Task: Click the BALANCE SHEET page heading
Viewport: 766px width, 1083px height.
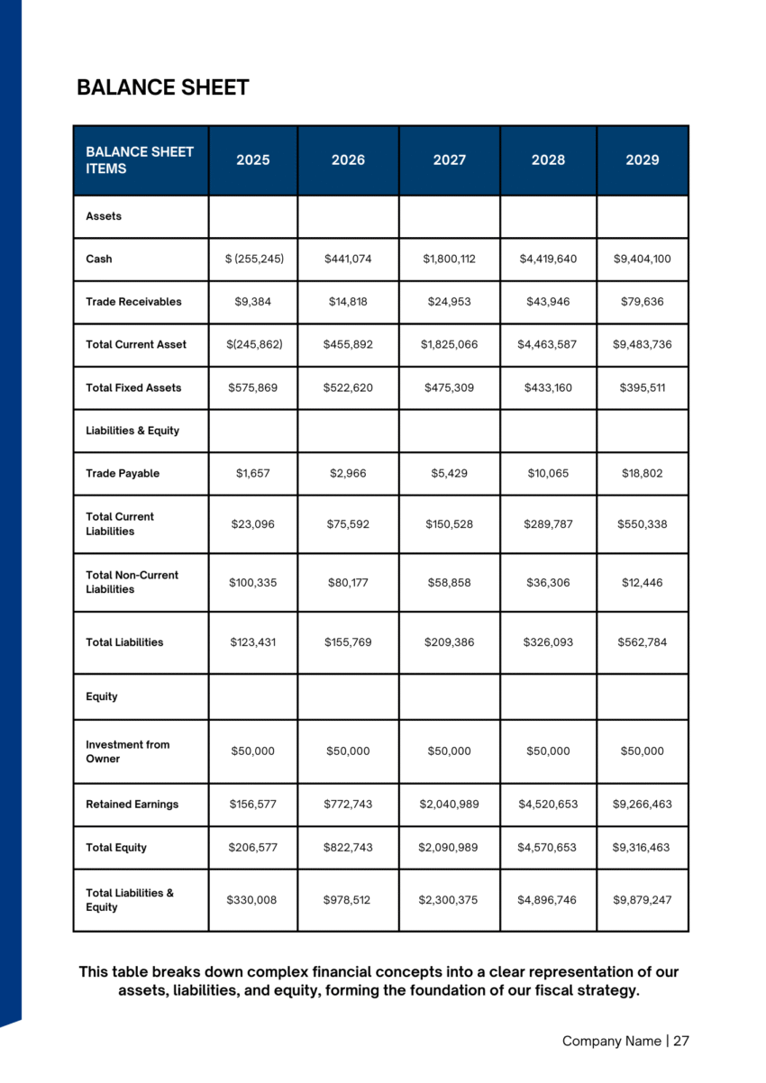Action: pyautogui.click(x=162, y=87)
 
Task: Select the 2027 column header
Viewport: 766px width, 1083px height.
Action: pyautogui.click(x=450, y=159)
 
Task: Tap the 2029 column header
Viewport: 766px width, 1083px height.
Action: pyautogui.click(x=643, y=159)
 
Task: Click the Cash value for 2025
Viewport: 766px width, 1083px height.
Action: pyautogui.click(x=253, y=259)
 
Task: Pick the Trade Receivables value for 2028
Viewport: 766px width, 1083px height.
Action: pyautogui.click(x=548, y=302)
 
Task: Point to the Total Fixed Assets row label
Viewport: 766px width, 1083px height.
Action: pyautogui.click(x=133, y=387)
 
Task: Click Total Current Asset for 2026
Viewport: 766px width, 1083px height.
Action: pyautogui.click(x=348, y=344)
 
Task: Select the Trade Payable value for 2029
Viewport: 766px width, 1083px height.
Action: pyautogui.click(x=643, y=473)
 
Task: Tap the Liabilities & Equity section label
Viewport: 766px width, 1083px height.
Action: pyautogui.click(x=132, y=431)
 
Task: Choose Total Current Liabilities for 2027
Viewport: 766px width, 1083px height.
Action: pyautogui.click(x=450, y=523)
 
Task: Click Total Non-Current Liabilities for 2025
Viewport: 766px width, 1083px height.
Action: pyautogui.click(x=253, y=582)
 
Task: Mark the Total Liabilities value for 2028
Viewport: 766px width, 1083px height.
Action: pyautogui.click(x=548, y=642)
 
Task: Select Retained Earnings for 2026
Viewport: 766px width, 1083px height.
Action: pyautogui.click(x=348, y=804)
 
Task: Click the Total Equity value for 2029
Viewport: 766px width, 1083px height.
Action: pyautogui.click(x=643, y=847)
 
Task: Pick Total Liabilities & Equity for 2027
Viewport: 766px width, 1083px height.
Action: pyautogui.click(x=450, y=899)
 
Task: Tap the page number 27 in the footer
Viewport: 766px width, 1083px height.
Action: pyautogui.click(x=681, y=1041)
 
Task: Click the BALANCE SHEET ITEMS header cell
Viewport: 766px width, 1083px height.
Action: pyautogui.click(x=140, y=159)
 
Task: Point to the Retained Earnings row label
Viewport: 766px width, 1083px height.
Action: pyautogui.click(x=132, y=804)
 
